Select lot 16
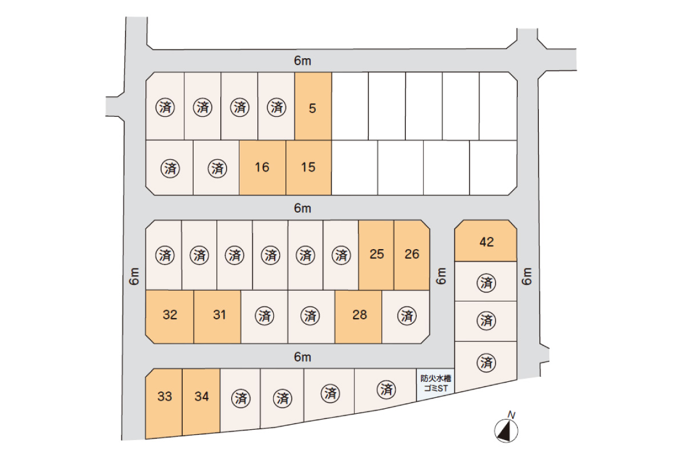[x=263, y=168]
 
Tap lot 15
[x=309, y=168]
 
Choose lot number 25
[x=376, y=255]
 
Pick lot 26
[x=412, y=255]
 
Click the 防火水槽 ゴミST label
[x=436, y=384]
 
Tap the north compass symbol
[x=506, y=431]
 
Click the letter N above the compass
[x=511, y=415]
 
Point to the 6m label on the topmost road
[x=303, y=61]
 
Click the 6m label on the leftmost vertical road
[x=135, y=276]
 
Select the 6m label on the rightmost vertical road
[x=527, y=276]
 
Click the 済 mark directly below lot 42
[x=486, y=283]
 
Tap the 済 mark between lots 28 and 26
[x=406, y=316]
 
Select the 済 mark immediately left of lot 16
[x=217, y=168]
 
